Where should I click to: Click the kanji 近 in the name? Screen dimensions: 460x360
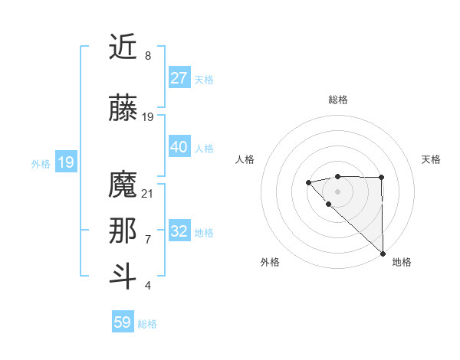123,48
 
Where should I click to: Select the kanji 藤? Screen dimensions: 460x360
123,107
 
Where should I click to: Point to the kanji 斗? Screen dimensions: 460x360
123,277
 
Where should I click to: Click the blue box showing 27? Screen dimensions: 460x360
179,78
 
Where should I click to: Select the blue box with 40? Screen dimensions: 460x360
179,147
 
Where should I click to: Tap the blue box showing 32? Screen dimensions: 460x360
179,231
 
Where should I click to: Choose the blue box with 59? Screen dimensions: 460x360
123,322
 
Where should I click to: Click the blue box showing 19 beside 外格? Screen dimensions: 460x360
65,162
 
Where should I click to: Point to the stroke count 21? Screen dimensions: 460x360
148,194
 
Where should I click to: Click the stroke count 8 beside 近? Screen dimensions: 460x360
148,56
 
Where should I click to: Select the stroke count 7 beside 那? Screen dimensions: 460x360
148,240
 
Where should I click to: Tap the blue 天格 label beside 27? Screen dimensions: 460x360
203,79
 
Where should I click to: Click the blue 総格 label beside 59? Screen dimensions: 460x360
147,323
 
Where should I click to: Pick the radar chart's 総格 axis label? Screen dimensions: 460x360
337,100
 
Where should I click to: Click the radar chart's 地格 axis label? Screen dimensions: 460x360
402,262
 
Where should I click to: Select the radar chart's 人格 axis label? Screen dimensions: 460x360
245,159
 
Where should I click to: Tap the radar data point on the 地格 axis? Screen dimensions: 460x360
383,254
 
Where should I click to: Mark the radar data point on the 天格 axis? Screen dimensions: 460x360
382,178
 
